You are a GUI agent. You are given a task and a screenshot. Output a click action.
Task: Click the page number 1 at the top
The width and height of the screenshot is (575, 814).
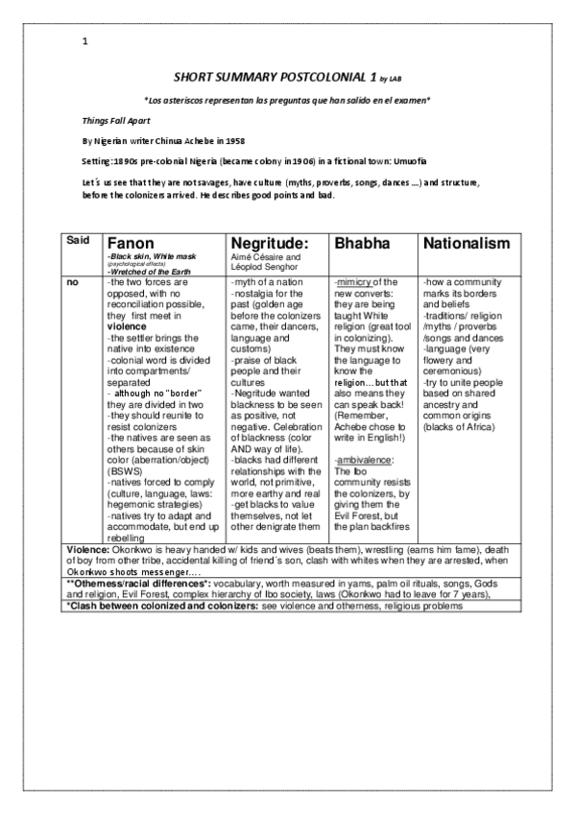[x=85, y=41]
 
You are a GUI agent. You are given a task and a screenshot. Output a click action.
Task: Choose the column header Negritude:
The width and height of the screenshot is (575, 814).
[x=273, y=243]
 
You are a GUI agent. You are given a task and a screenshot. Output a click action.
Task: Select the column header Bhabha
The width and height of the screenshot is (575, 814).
[x=359, y=243]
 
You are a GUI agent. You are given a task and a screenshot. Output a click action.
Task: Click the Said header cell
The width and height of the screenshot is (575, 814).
[x=78, y=240]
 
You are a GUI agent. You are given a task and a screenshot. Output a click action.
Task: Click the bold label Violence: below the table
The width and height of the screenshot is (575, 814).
[x=92, y=549]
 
